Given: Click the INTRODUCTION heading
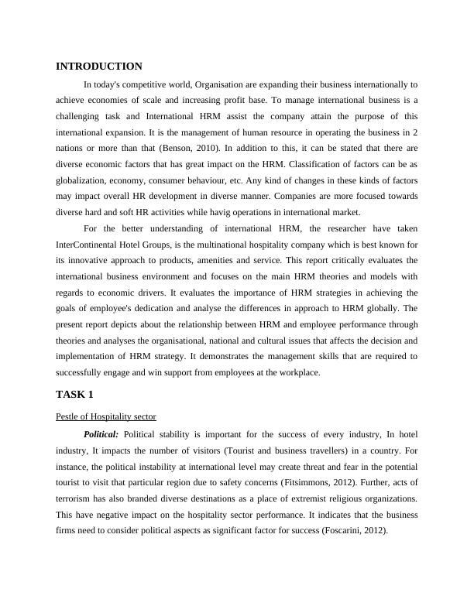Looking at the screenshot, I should [x=99, y=67].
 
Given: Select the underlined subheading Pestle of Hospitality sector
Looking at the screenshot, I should [x=106, y=416].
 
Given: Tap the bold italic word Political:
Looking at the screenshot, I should [x=101, y=434].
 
